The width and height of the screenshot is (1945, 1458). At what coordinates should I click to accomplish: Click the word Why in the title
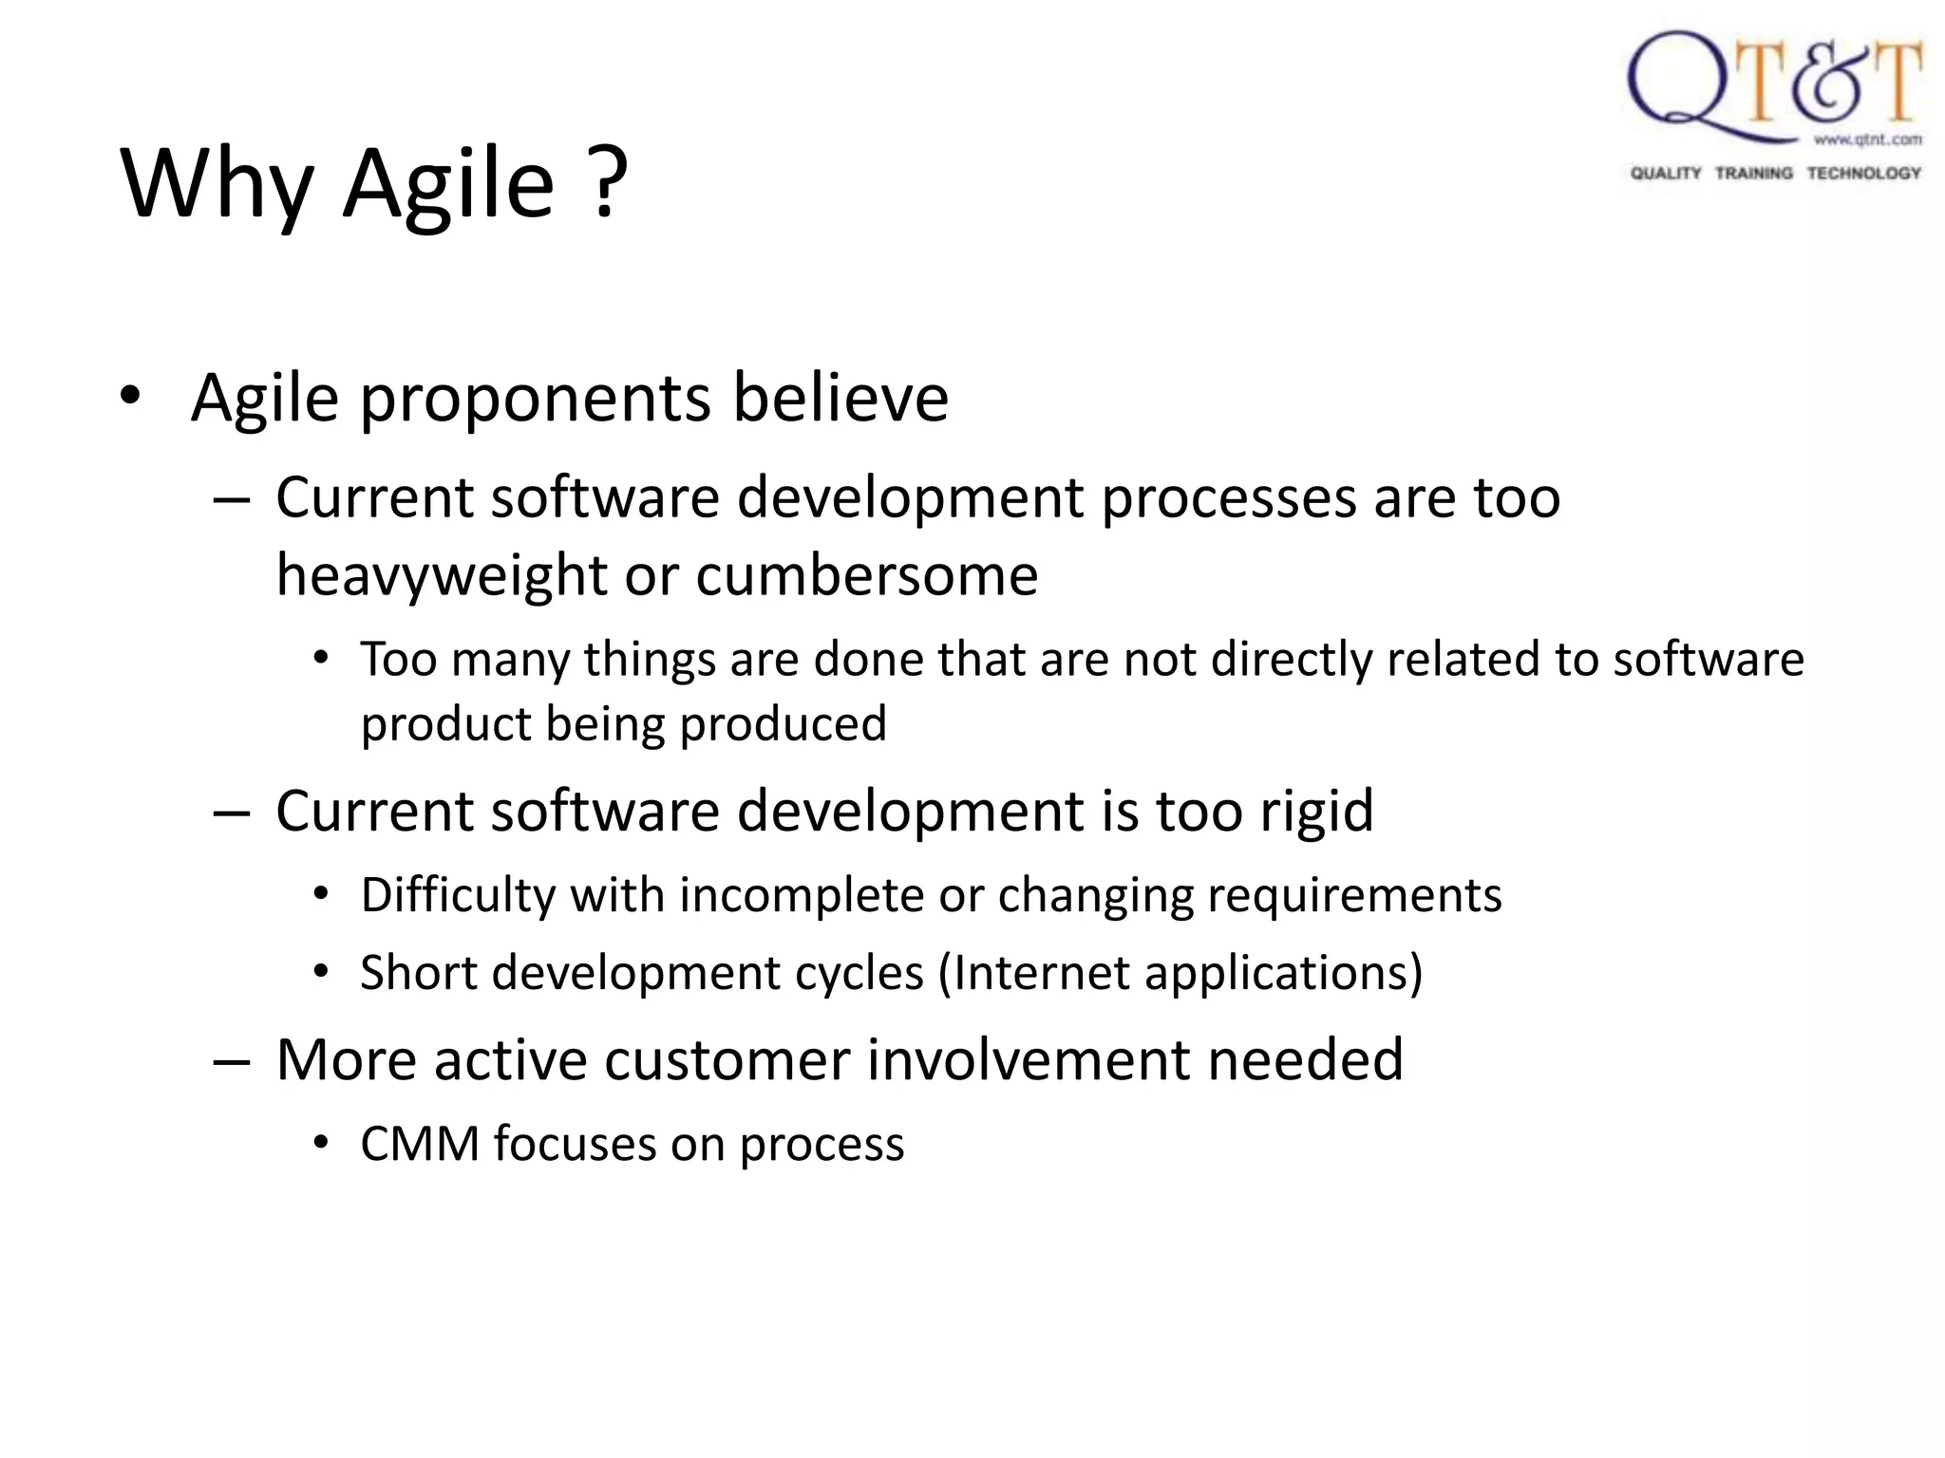(x=217, y=185)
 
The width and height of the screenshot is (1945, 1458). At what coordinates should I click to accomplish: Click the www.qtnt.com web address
(x=1867, y=140)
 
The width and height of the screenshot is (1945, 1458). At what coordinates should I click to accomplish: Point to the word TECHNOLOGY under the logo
(x=1863, y=173)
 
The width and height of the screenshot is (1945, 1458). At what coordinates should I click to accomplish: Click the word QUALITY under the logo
(x=1666, y=173)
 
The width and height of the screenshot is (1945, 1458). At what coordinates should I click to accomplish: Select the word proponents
(x=535, y=399)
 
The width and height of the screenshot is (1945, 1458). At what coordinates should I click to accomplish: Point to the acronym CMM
(x=420, y=1144)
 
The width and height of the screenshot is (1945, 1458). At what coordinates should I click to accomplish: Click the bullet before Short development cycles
(x=321, y=972)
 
